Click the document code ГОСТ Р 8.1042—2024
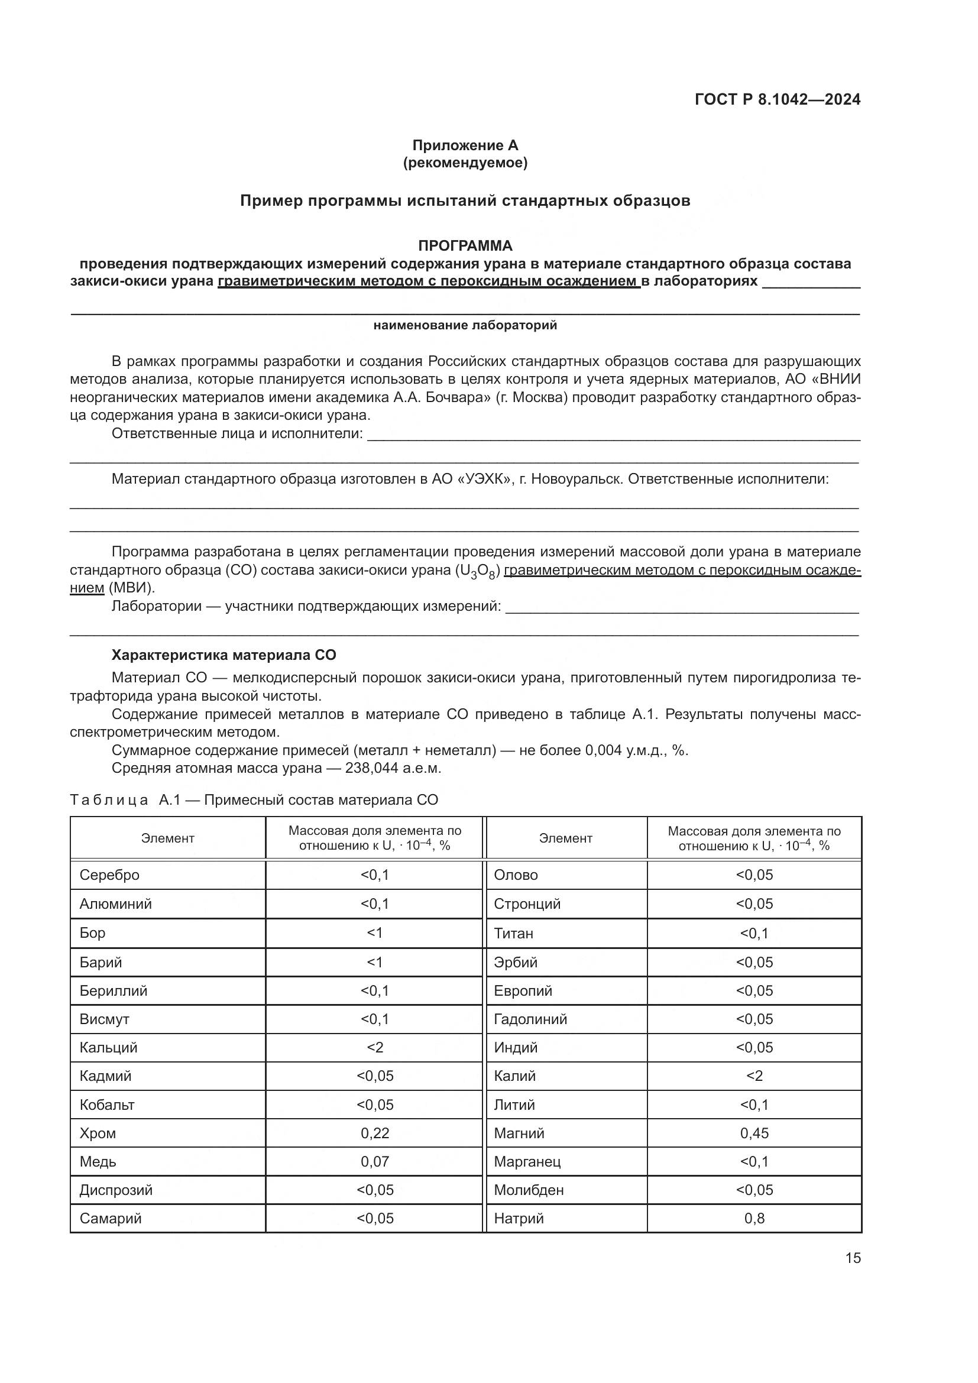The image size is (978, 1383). click(778, 99)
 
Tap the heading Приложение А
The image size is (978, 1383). click(465, 145)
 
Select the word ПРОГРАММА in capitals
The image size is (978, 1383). click(465, 246)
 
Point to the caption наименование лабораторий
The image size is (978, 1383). click(465, 326)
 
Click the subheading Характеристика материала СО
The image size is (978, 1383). click(224, 655)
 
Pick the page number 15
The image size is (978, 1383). click(853, 1258)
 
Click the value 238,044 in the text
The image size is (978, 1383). click(370, 769)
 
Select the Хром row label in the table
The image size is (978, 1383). click(98, 1133)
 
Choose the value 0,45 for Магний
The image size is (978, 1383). click(754, 1133)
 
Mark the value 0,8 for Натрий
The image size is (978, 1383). click(754, 1218)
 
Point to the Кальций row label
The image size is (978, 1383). click(108, 1048)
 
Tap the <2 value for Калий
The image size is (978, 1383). click(754, 1076)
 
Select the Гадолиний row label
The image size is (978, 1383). click(530, 1019)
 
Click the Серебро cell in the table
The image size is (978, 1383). click(109, 875)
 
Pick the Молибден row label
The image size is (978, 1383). click(529, 1190)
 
